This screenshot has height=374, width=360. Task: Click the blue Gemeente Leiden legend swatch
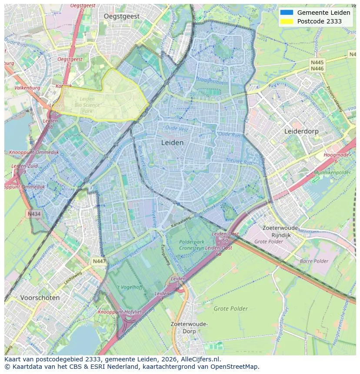[x=287, y=13]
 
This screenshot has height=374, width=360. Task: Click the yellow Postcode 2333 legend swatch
[x=287, y=21]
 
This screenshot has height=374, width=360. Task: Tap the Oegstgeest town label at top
[x=122, y=16]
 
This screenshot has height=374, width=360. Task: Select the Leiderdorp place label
[x=301, y=131]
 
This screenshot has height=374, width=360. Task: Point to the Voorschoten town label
[x=40, y=298]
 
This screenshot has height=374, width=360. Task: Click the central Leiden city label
[x=172, y=142]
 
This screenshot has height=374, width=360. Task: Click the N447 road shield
[x=99, y=261]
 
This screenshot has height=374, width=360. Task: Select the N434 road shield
[x=34, y=214]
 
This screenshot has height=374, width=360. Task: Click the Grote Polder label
[x=230, y=309]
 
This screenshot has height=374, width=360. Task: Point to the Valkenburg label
[x=27, y=88]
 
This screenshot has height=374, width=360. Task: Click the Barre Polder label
[x=314, y=261]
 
